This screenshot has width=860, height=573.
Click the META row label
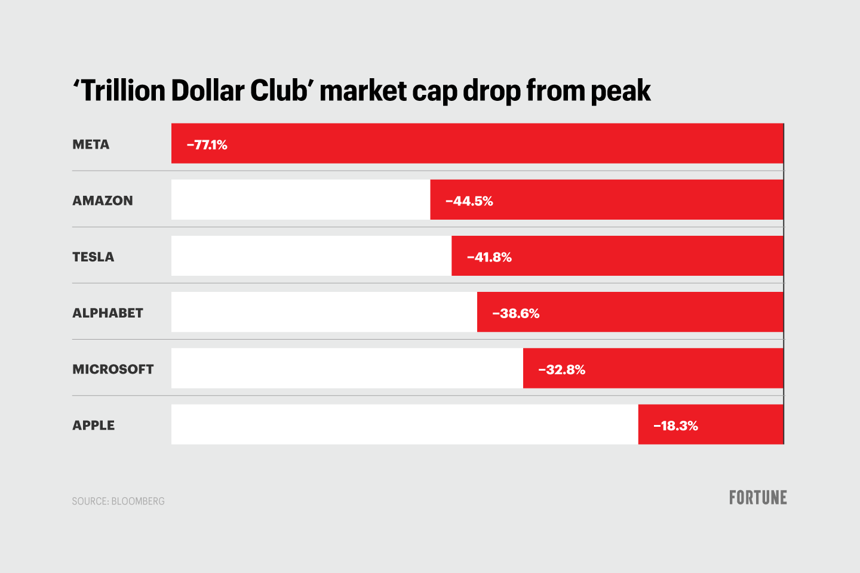pyautogui.click(x=91, y=144)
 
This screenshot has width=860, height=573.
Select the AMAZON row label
pyautogui.click(x=103, y=201)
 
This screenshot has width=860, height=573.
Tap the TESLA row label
pyautogui.click(x=93, y=257)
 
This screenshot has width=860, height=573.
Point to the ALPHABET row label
pyautogui.click(x=107, y=313)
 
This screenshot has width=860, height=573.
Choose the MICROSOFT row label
pyautogui.click(x=113, y=369)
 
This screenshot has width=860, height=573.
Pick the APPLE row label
pyautogui.click(x=94, y=425)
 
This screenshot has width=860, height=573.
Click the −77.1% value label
pyautogui.click(x=207, y=145)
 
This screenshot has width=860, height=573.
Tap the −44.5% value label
pyautogui.click(x=469, y=201)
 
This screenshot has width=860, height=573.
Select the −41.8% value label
pyautogui.click(x=489, y=257)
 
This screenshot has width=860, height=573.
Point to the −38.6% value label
pyautogui.click(x=515, y=313)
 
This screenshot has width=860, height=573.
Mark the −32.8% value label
pyautogui.click(x=561, y=369)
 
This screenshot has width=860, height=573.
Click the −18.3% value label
pyautogui.click(x=675, y=426)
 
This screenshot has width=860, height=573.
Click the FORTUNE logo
pyautogui.click(x=758, y=497)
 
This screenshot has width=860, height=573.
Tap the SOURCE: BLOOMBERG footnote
pyautogui.click(x=118, y=501)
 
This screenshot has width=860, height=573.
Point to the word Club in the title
pyautogui.click(x=282, y=91)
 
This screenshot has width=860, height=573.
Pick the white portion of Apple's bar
pyautogui.click(x=404, y=424)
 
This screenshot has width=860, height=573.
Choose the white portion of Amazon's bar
pyautogui.click(x=300, y=200)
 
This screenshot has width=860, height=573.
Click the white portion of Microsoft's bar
pyautogui.click(x=347, y=368)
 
